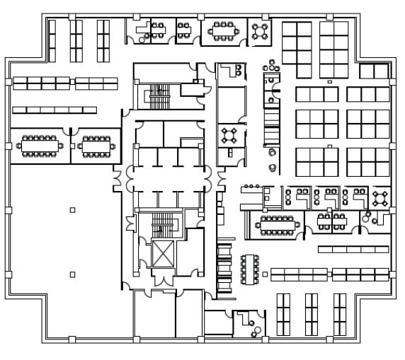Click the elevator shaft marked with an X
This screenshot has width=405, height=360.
point(163,254)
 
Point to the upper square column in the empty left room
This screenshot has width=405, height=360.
point(72,209)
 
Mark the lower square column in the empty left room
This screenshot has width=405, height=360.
point(72,274)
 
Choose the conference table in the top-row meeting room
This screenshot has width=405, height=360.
point(222,30)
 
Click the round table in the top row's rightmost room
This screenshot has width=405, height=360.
point(261,30)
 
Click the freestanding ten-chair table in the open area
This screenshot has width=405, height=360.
point(250,268)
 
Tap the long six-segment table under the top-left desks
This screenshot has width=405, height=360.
point(55,110)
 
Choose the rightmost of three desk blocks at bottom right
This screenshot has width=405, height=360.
point(340,314)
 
